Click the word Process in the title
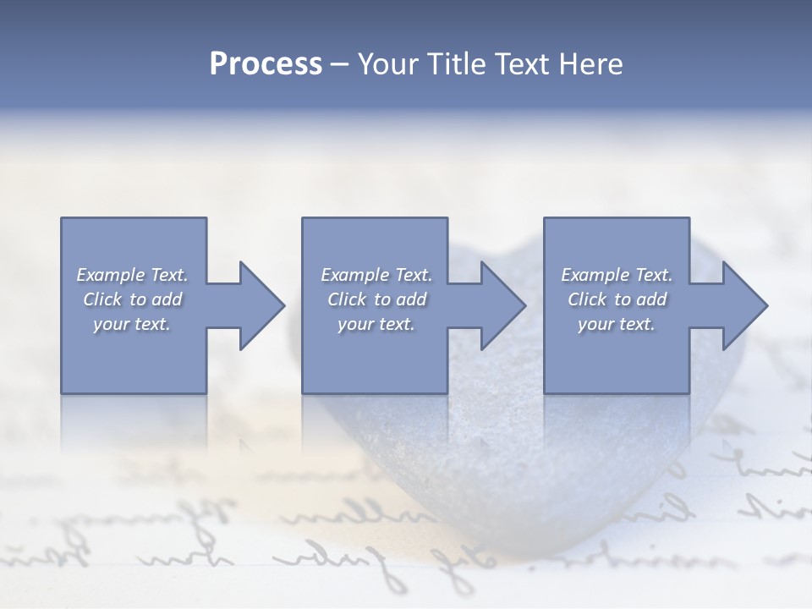266,64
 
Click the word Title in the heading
450,64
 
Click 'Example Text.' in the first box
132,275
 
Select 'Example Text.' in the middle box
376,275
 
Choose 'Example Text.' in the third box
617,275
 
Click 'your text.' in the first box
132,324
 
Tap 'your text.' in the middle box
376,324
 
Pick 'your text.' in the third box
617,324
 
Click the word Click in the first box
102,299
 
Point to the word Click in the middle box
347,299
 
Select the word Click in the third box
587,299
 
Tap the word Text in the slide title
519,64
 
